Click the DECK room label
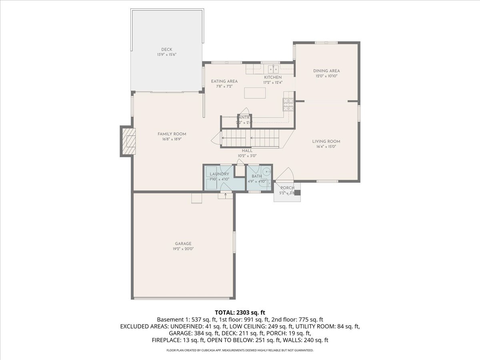click(x=167, y=50)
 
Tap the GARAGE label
click(x=183, y=244)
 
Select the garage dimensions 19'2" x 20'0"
click(x=183, y=248)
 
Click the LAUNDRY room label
click(x=219, y=174)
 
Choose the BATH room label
click(x=256, y=176)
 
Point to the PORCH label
click(x=287, y=188)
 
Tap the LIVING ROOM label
click(x=326, y=141)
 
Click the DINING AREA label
click(x=326, y=71)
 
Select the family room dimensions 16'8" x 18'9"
click(x=172, y=140)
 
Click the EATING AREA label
click(x=224, y=81)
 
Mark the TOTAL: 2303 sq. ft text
click(x=240, y=312)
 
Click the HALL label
click(x=247, y=151)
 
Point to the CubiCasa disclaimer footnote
click(x=240, y=350)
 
